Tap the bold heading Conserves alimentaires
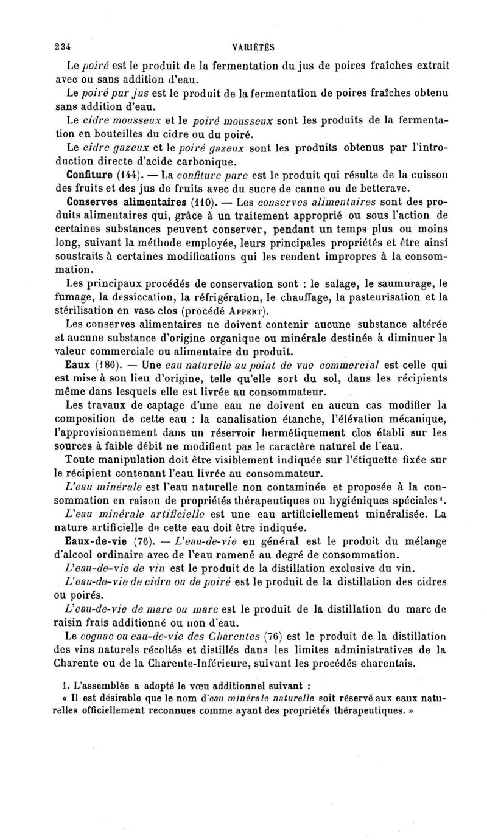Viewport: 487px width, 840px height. [118, 201]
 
